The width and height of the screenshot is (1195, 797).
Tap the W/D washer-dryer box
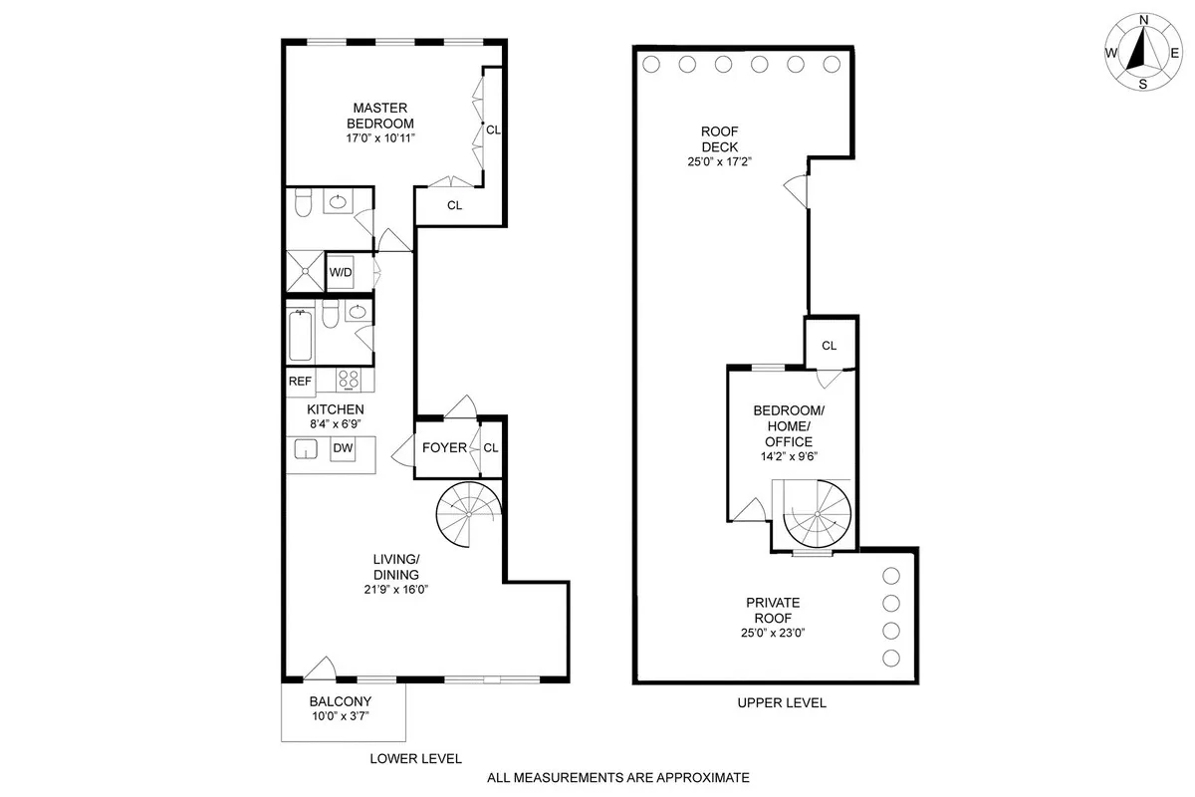pyautogui.click(x=341, y=272)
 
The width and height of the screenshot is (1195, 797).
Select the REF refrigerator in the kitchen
pyautogui.click(x=300, y=381)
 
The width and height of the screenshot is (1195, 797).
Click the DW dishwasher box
pyautogui.click(x=343, y=448)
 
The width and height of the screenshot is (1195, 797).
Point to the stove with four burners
pyautogui.click(x=348, y=380)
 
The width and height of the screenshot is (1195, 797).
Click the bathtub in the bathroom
pyautogui.click(x=299, y=337)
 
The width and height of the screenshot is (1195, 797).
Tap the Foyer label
pyautogui.click(x=443, y=447)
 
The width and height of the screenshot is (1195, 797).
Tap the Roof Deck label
pyautogui.click(x=719, y=138)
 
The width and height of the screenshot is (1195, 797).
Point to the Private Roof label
pyautogui.click(x=773, y=610)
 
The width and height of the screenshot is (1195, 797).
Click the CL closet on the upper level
pyautogui.click(x=829, y=345)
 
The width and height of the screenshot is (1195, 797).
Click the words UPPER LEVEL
pyautogui.click(x=781, y=703)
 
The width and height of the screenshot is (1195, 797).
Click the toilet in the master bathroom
pyautogui.click(x=304, y=204)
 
